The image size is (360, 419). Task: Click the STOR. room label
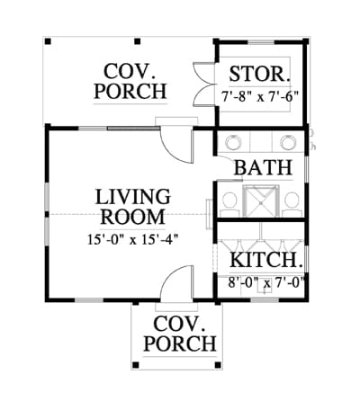click(x=260, y=74)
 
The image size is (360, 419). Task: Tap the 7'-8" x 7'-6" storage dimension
click(x=260, y=96)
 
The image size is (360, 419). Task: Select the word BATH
click(x=263, y=167)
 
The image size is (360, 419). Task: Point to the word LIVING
click(x=133, y=196)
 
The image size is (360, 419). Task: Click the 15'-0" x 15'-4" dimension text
click(x=133, y=239)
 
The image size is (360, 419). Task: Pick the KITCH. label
click(x=265, y=260)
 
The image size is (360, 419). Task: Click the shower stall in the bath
click(x=261, y=201)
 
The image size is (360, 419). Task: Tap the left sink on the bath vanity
click(x=233, y=143)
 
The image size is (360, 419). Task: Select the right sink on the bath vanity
click(x=289, y=143)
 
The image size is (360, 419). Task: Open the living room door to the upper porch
click(x=176, y=145)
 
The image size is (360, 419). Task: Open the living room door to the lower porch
click(x=176, y=283)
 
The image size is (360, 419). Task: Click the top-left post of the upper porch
click(x=48, y=41)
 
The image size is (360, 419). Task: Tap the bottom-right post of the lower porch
click(x=218, y=365)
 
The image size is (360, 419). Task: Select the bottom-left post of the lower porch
click(x=135, y=365)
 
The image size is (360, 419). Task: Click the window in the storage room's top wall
click(x=261, y=42)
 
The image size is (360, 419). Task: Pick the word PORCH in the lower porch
click(x=180, y=343)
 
